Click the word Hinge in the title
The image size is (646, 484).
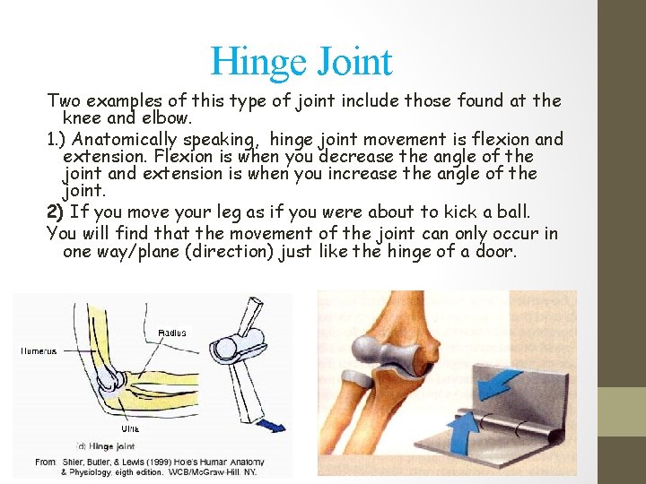[x=251, y=62]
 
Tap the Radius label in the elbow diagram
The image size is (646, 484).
[x=172, y=333]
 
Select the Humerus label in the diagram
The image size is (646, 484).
[x=39, y=351]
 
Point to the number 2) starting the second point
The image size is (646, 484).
[x=55, y=212]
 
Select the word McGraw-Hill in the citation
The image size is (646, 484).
[x=226, y=471]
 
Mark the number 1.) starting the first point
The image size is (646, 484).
[x=56, y=139]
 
